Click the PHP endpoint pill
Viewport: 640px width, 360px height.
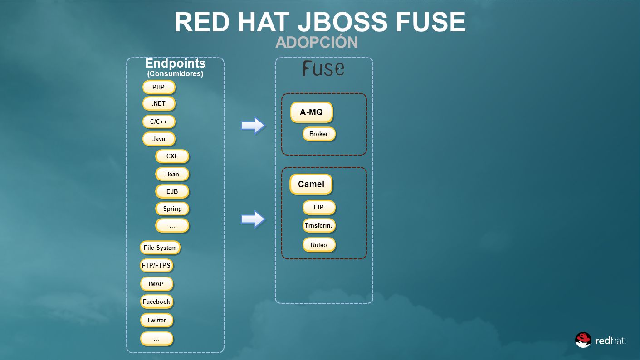(x=159, y=87)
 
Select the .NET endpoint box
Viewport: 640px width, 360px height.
(x=159, y=103)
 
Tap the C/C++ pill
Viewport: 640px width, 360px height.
(x=159, y=122)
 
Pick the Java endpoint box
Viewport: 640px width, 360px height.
(x=159, y=139)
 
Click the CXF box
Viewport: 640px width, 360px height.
(x=172, y=156)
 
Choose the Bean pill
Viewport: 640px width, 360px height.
(x=172, y=174)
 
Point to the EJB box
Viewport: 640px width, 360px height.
(x=172, y=191)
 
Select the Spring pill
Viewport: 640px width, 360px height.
(x=172, y=209)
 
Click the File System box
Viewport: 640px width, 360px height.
(x=160, y=248)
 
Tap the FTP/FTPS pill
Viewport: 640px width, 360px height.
(x=156, y=265)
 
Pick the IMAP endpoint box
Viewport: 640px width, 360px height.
(x=156, y=284)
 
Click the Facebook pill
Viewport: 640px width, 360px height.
(x=156, y=302)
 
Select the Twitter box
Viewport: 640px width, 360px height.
(x=156, y=320)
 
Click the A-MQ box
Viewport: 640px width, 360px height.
(x=312, y=112)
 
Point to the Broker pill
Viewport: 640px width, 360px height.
(x=318, y=134)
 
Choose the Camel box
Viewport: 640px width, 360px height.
(x=311, y=184)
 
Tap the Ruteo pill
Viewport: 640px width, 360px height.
(x=318, y=245)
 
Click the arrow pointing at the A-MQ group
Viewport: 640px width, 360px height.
(x=253, y=126)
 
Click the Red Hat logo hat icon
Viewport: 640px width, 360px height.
(x=583, y=340)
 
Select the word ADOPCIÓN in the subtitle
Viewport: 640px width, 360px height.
(x=317, y=42)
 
